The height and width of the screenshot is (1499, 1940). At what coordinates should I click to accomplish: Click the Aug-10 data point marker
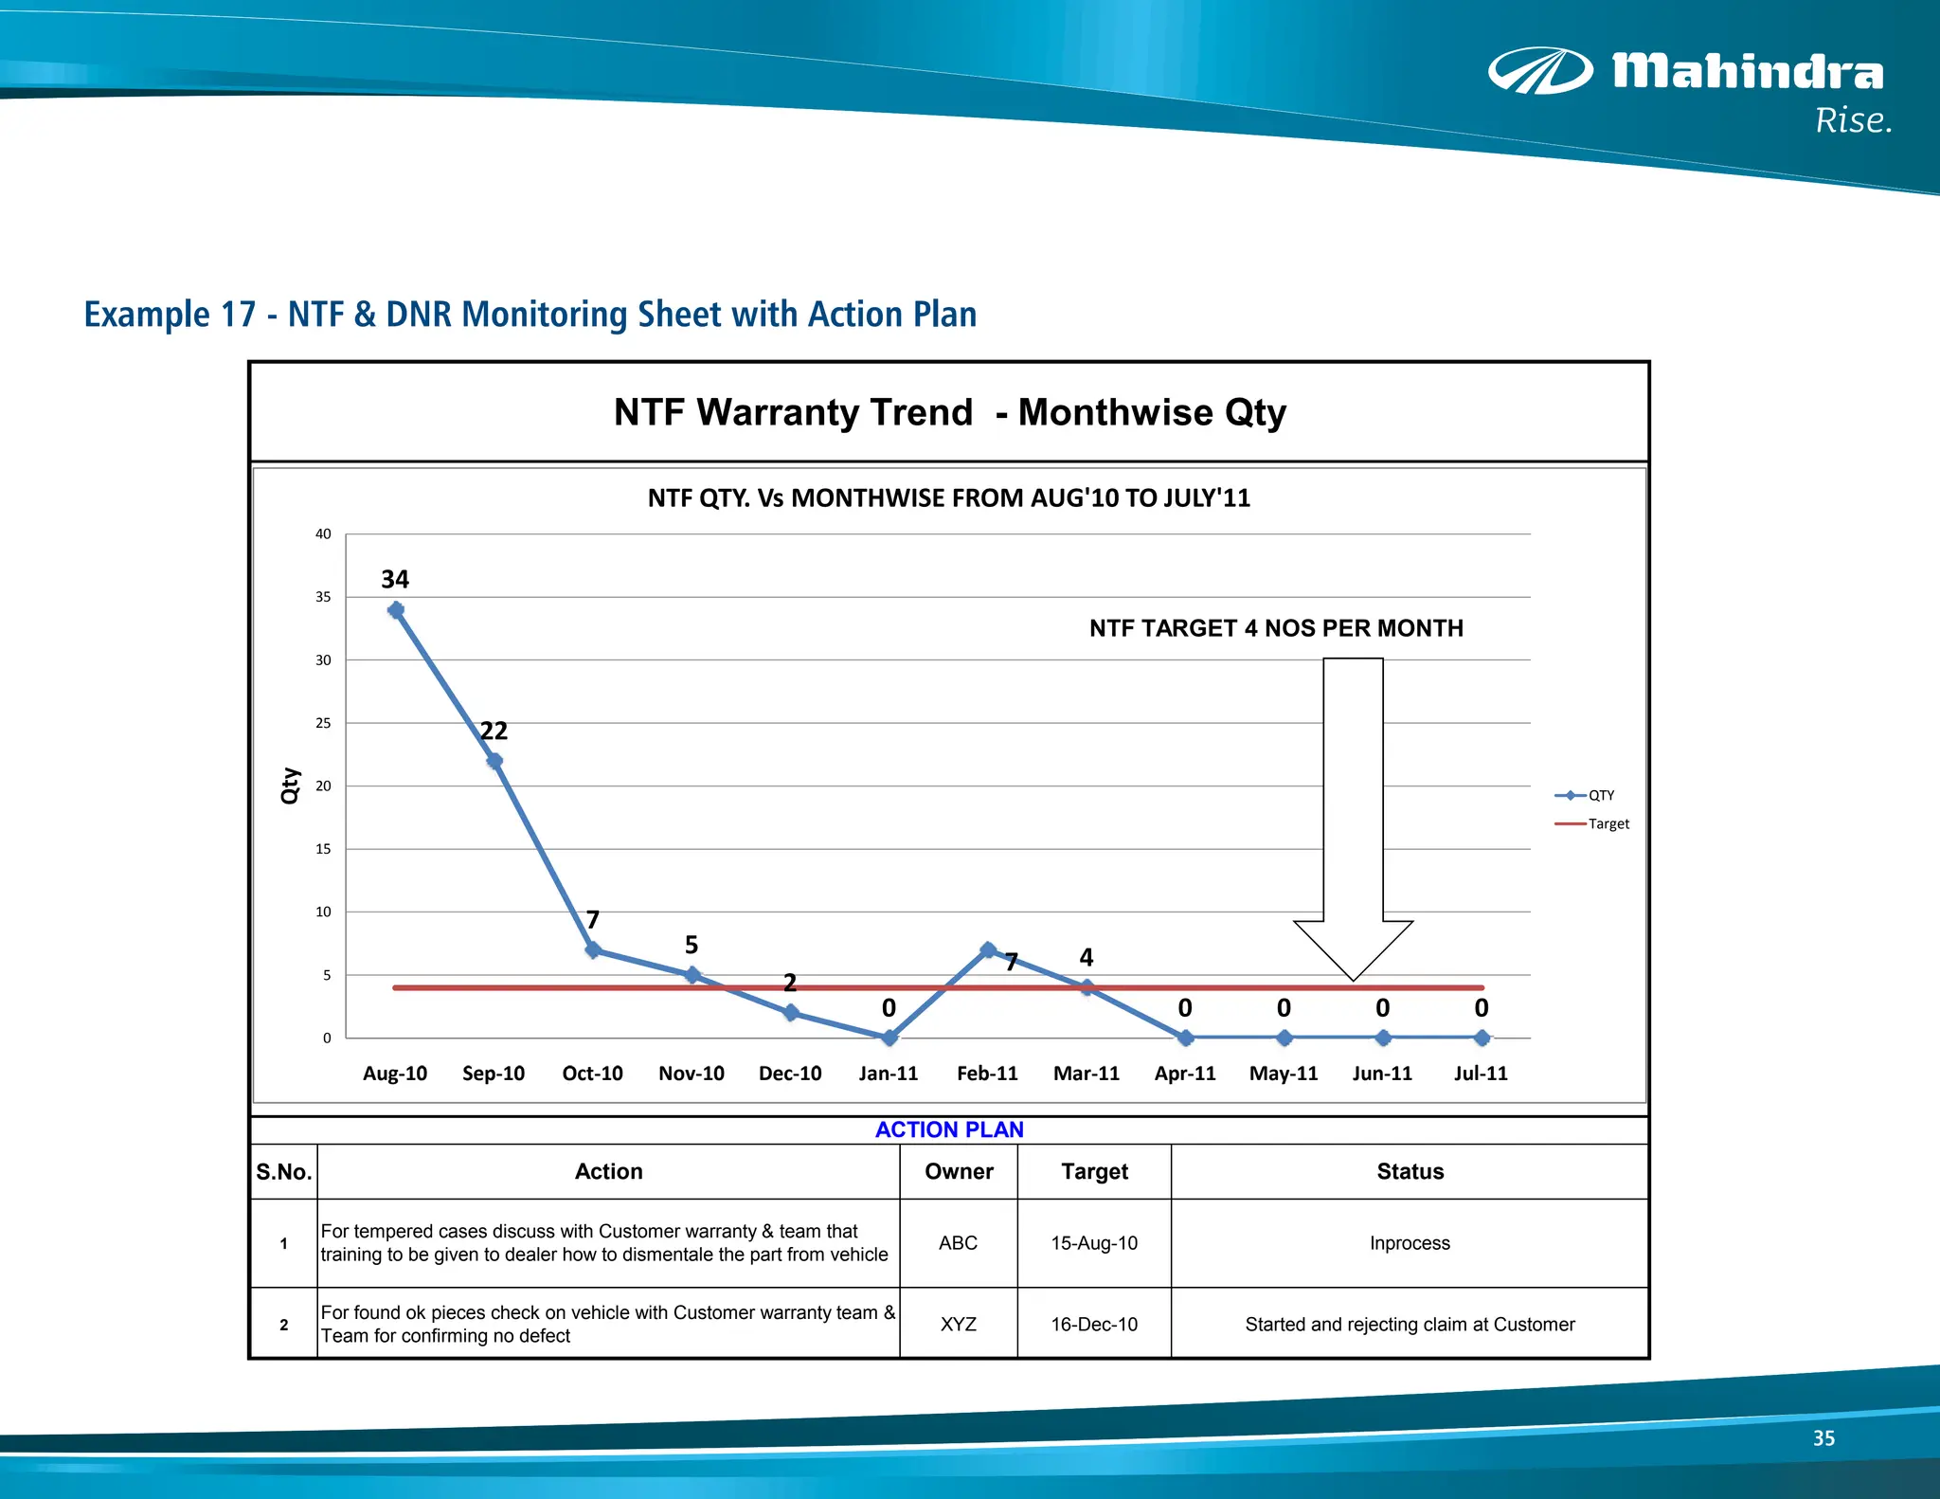[396, 610]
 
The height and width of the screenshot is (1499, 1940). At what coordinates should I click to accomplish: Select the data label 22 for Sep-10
[494, 731]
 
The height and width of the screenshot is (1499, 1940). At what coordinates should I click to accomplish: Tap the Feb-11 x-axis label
[987, 1073]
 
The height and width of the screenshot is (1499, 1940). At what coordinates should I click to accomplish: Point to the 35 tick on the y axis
[323, 597]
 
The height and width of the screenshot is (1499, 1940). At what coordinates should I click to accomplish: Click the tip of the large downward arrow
[1353, 978]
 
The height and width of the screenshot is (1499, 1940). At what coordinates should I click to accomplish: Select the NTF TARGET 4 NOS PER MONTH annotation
[1275, 628]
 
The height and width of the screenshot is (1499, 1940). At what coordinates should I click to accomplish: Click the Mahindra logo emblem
[1540, 71]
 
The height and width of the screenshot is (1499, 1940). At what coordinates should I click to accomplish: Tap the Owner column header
[959, 1171]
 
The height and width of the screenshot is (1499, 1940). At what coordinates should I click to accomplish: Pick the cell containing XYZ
[959, 1324]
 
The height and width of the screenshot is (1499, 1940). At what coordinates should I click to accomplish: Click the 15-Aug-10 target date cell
[1094, 1243]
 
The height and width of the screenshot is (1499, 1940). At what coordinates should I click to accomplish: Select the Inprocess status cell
[1410, 1243]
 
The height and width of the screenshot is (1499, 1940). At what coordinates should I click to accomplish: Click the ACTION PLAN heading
[949, 1129]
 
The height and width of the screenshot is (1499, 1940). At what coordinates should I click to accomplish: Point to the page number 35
[1823, 1437]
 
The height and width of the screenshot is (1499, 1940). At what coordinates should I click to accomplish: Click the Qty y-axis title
[291, 786]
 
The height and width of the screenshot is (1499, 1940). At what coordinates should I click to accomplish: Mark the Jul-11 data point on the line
[1482, 1038]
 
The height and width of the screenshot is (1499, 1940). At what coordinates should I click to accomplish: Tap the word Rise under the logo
[1853, 121]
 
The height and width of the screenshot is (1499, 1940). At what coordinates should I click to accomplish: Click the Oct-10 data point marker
[593, 949]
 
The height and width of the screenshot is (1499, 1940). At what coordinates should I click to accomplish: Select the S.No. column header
[283, 1171]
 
